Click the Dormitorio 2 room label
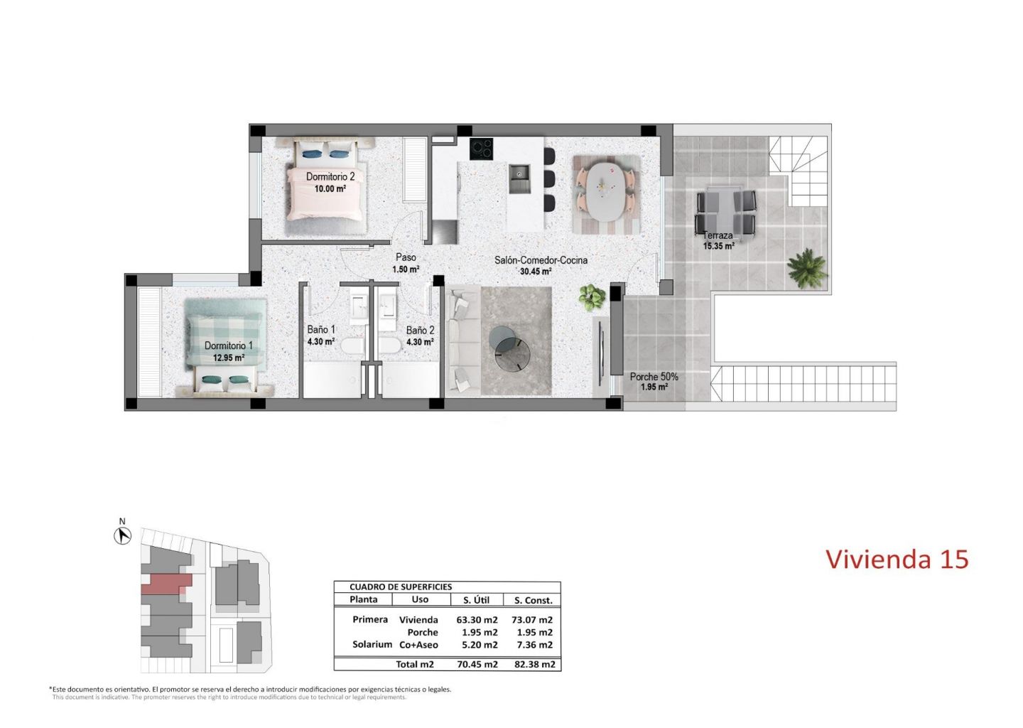[330, 176]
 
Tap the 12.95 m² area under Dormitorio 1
[228, 358]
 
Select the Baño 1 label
[321, 329]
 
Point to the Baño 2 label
[420, 330]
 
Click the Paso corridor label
[406, 257]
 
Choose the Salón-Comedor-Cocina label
[541, 260]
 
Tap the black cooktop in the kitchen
[482, 149]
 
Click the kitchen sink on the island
[520, 178]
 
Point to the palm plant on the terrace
[807, 268]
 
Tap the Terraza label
[718, 236]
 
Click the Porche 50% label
[654, 377]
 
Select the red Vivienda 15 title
[897, 560]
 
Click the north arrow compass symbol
[122, 535]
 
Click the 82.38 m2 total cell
[535, 665]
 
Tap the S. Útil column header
[476, 600]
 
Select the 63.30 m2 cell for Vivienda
[477, 620]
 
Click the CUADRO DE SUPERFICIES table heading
[401, 587]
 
